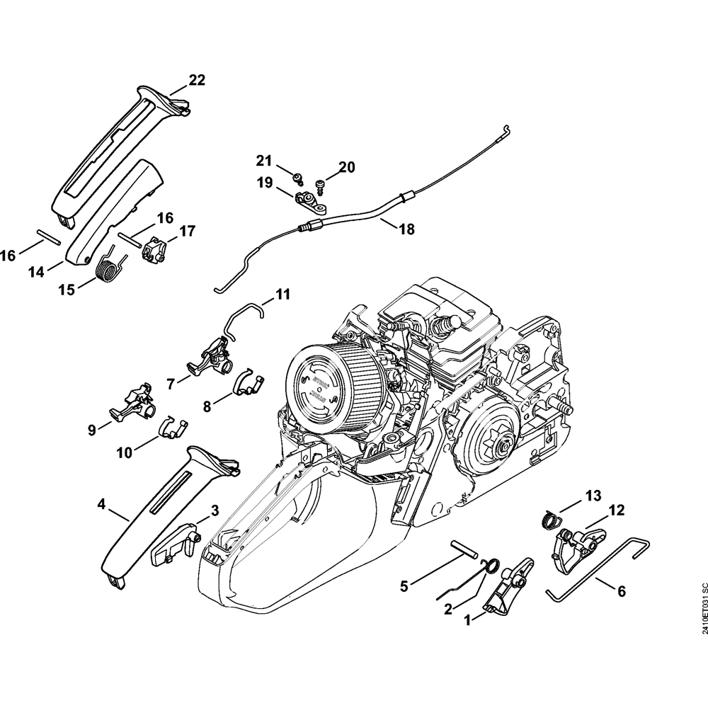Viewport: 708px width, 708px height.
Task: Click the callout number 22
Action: (196, 81)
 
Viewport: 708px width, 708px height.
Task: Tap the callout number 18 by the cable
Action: (406, 229)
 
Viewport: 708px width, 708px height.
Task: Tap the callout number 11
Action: (282, 294)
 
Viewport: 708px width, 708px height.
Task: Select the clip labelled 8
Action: (248, 383)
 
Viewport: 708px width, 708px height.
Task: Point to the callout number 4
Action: (102, 504)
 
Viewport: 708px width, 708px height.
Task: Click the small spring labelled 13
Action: (552, 520)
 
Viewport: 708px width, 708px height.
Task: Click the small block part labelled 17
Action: (156, 250)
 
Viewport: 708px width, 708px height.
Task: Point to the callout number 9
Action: (91, 429)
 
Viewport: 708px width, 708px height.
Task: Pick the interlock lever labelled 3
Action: (174, 546)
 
